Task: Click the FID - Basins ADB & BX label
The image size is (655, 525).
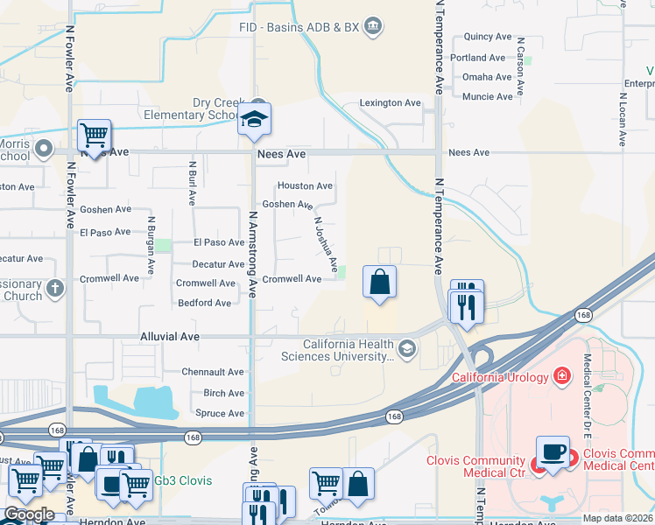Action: click(299, 27)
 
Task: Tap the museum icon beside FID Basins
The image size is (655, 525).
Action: click(373, 26)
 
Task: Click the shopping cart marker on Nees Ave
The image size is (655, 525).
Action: click(94, 136)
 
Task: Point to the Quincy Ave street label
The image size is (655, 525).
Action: click(488, 37)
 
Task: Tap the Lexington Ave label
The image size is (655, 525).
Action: click(391, 103)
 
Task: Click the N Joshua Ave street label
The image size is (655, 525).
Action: click(326, 244)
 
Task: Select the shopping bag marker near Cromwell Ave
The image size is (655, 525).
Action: click(379, 283)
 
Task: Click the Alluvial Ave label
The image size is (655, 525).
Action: click(170, 336)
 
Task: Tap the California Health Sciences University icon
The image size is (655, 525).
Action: click(406, 349)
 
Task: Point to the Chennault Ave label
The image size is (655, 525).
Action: click(213, 373)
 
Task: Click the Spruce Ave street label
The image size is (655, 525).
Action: click(220, 413)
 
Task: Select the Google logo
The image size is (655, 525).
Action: click(28, 514)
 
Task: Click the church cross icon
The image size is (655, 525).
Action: click(55, 287)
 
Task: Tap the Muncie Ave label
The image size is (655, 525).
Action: click(488, 97)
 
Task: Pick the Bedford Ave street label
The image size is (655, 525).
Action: click(204, 304)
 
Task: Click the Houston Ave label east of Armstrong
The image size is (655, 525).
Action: click(305, 186)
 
